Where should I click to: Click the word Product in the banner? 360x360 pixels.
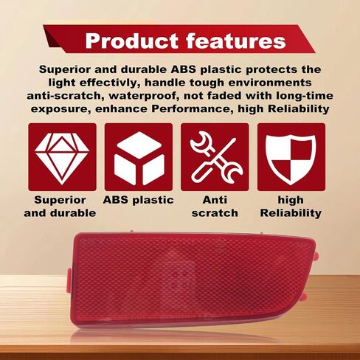tap(132, 41)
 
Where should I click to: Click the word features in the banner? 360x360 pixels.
tap(236, 41)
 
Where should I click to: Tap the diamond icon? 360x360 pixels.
tap(62, 159)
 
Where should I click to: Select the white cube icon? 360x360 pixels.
tap(139, 159)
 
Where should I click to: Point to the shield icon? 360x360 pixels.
tap(291, 159)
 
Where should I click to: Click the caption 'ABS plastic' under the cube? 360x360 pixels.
tap(139, 200)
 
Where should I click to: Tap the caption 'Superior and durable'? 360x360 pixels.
tap(60, 207)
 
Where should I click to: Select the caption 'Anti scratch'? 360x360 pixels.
tap(215, 207)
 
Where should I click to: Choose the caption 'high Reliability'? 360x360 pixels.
tap(291, 207)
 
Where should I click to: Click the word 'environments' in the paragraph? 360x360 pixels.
tap(270, 83)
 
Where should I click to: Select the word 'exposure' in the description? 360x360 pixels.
tap(60, 109)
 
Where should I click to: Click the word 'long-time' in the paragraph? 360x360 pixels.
tap(305, 96)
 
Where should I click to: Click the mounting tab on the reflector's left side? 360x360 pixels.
tap(69, 280)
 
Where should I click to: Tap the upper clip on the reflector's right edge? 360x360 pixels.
tap(316, 256)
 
